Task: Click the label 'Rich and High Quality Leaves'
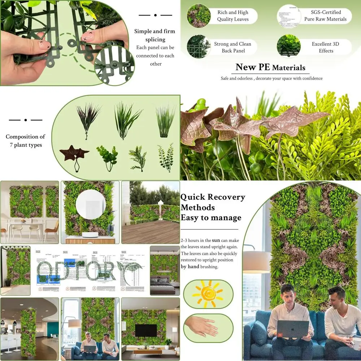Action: (233, 16)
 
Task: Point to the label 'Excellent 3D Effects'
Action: (326, 47)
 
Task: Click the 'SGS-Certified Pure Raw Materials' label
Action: (326, 16)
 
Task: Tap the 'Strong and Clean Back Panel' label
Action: (233, 47)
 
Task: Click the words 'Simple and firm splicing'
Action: (155, 35)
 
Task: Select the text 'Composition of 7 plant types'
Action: (25, 141)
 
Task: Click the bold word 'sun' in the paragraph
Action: (216, 240)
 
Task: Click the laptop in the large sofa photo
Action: (293, 329)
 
